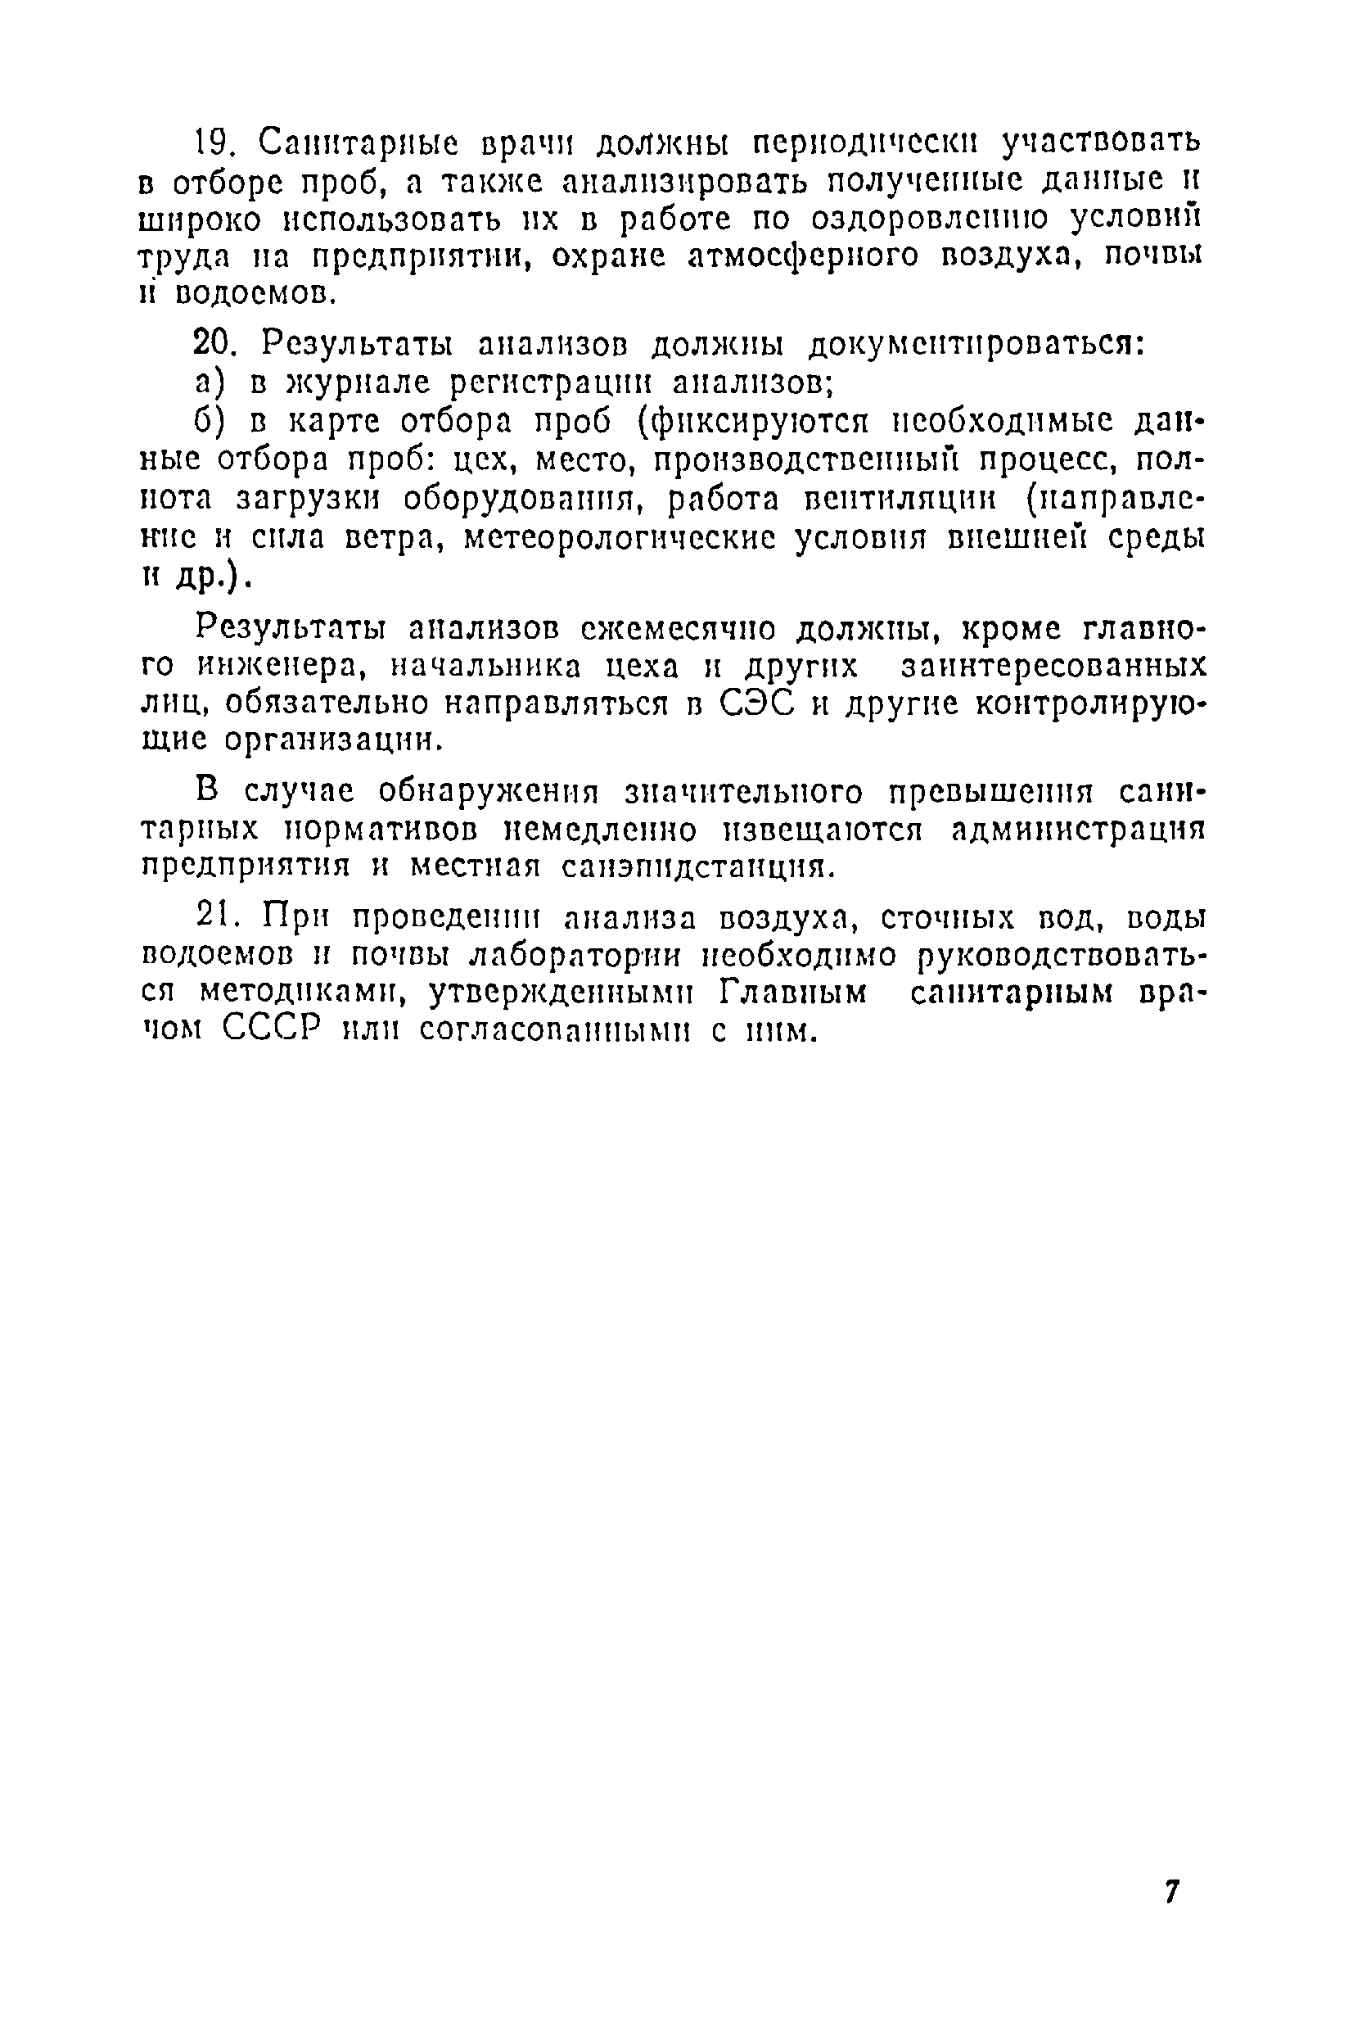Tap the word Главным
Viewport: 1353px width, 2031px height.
tap(793, 992)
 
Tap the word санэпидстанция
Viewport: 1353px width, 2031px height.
tap(697, 866)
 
